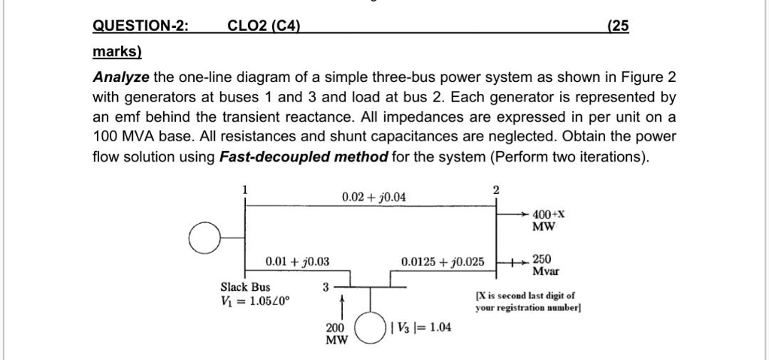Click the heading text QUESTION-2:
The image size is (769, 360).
pos(141,26)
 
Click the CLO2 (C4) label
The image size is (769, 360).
pos(263,26)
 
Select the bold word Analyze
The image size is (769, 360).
pos(121,78)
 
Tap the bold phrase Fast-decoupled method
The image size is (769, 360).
pos(304,156)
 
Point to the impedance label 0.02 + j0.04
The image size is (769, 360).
pos(374,197)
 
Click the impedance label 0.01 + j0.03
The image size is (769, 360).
pos(298,262)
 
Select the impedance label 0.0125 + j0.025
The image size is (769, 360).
pos(444,262)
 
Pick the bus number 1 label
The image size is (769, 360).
pos(244,189)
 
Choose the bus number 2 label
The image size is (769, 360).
pos(496,189)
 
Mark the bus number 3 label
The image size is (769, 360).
pos(325,287)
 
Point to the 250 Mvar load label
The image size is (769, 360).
pos(545,265)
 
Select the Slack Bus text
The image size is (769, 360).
pos(245,287)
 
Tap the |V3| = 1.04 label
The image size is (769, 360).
pos(421,328)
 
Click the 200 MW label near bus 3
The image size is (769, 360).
pos(336,334)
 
